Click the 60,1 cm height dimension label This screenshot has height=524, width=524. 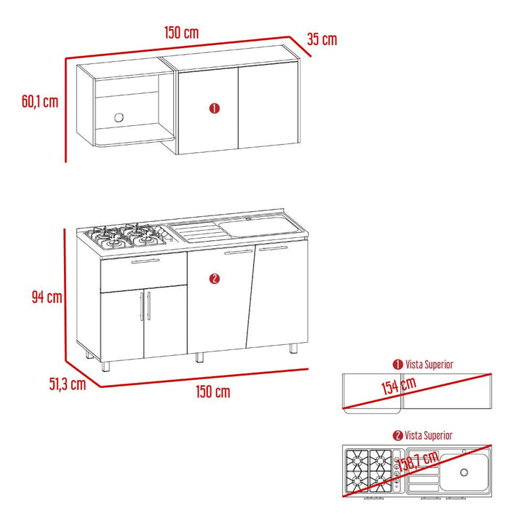tap(40, 101)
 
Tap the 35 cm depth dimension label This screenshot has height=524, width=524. tap(322, 39)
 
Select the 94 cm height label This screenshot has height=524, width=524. tap(47, 297)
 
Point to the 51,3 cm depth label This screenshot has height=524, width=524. tap(68, 384)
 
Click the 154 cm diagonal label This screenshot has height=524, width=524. tap(399, 386)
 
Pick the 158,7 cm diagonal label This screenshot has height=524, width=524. tap(418, 461)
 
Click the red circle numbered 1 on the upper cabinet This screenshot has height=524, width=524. tap(214, 108)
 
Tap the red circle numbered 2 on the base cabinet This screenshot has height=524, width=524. tap(214, 279)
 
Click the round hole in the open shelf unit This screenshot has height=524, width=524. tap(119, 118)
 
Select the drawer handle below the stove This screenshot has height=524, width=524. tap(146, 261)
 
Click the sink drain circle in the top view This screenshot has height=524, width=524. tap(464, 472)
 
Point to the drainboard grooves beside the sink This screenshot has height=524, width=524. tap(200, 231)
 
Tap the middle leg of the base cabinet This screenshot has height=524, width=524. tap(199, 357)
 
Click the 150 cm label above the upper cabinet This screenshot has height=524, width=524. tap(181, 33)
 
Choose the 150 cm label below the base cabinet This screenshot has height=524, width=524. tap(213, 392)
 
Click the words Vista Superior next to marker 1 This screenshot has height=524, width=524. tap(429, 365)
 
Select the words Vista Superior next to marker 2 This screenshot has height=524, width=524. tap(429, 435)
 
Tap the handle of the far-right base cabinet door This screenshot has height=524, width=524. tap(273, 248)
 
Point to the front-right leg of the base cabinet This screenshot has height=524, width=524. tap(293, 348)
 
